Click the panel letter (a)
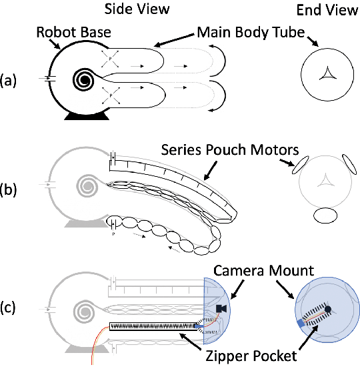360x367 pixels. tap(11, 80)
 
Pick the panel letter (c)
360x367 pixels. tap(11, 309)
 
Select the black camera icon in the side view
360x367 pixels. tap(223, 308)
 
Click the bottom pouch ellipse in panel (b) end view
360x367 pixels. tap(326, 215)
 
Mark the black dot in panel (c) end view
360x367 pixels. tap(328, 309)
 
